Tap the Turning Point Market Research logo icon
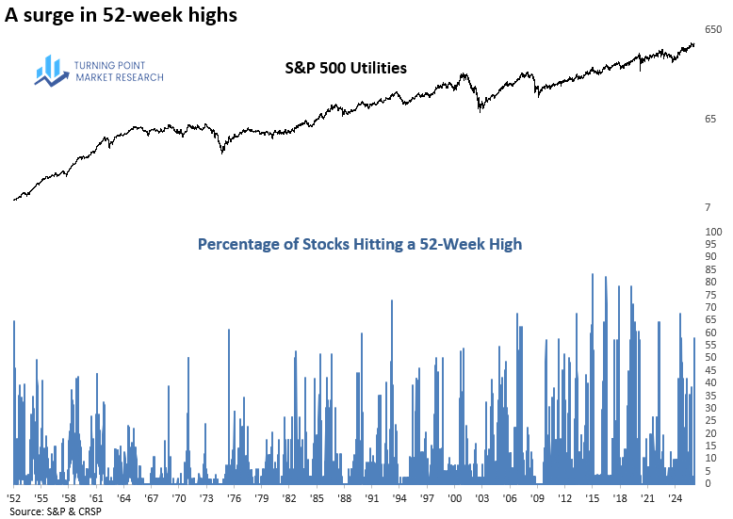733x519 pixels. pyautogui.click(x=49, y=71)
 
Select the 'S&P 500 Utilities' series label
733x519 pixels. pyautogui.click(x=346, y=68)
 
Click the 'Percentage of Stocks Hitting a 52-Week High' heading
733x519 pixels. pyautogui.click(x=359, y=244)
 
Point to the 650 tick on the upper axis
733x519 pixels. pyautogui.click(x=713, y=30)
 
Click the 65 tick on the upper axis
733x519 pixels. pyautogui.click(x=710, y=119)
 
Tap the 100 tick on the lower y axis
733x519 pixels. pyautogui.click(x=713, y=232)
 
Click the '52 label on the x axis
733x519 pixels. pyautogui.click(x=14, y=497)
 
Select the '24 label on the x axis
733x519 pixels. pyautogui.click(x=675, y=497)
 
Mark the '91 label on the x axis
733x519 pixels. pyautogui.click(x=372, y=497)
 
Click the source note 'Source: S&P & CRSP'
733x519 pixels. pyautogui.click(x=55, y=511)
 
